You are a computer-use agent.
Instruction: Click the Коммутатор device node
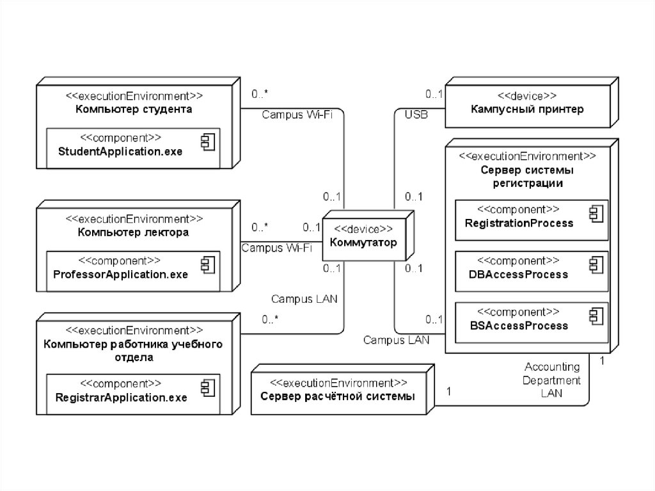pyautogui.click(x=363, y=237)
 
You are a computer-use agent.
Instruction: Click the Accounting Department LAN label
pyautogui.click(x=552, y=380)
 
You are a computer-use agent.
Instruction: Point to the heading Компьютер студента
pyautogui.click(x=134, y=109)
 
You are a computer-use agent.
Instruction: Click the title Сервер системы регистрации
pyautogui.click(x=527, y=177)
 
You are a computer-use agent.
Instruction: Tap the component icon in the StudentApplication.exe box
pyautogui.click(x=207, y=141)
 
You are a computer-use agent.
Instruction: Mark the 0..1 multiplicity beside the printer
pyautogui.click(x=435, y=94)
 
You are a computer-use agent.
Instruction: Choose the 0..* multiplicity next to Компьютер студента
pyautogui.click(x=260, y=94)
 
